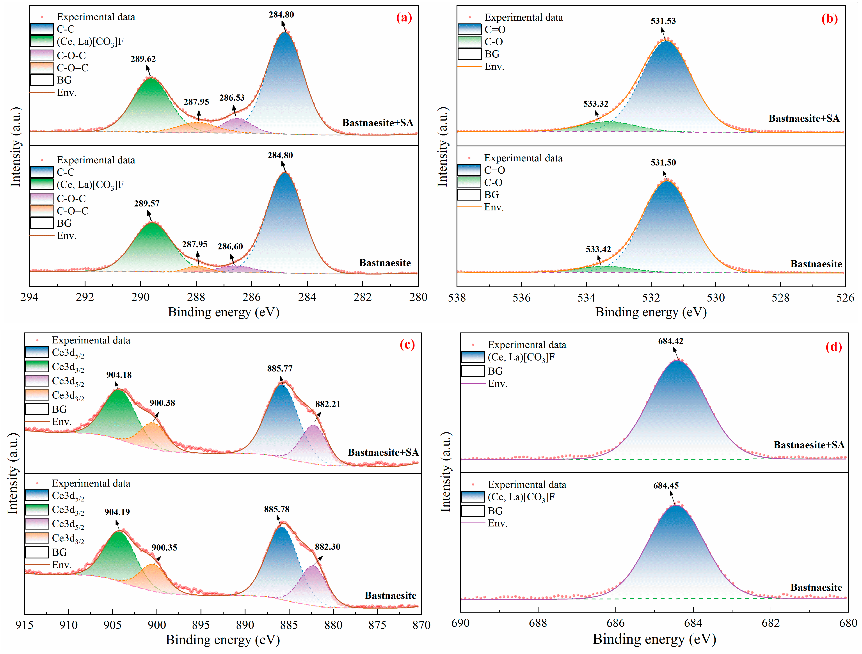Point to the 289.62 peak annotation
[x=143, y=59]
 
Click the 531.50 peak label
[x=663, y=163]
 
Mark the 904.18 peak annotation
[x=119, y=375]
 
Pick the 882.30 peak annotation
[x=327, y=547]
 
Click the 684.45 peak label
[x=666, y=486]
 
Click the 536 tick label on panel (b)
[x=521, y=298]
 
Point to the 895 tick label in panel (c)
[x=201, y=625]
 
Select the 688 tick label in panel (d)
[x=538, y=623]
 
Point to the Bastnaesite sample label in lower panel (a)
[x=385, y=263]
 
